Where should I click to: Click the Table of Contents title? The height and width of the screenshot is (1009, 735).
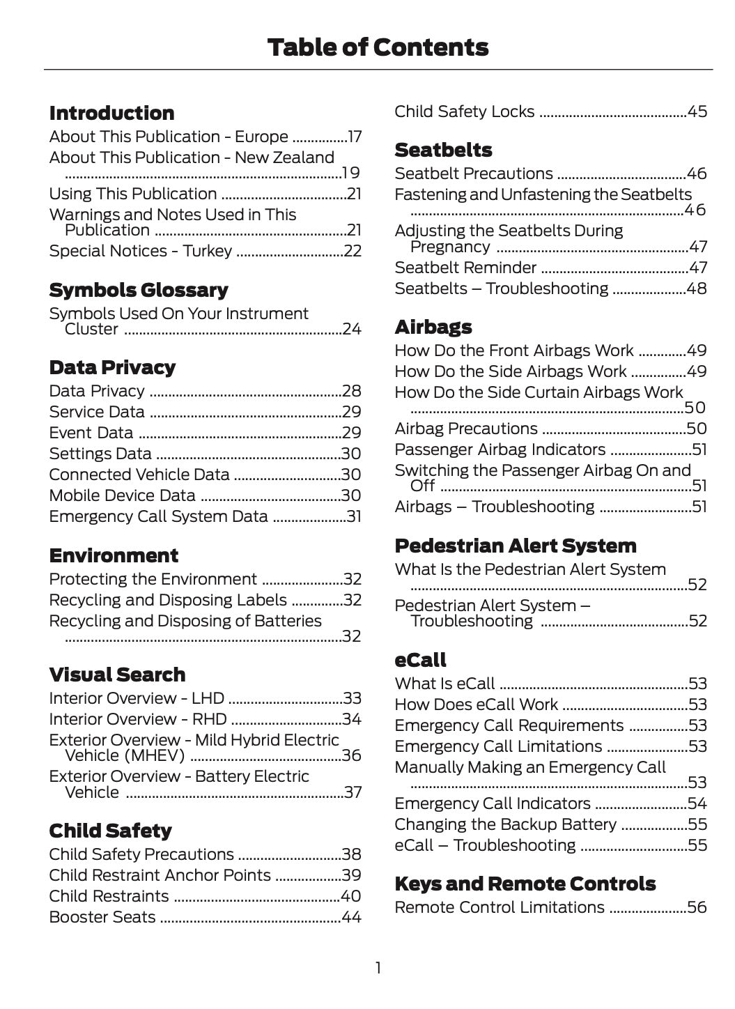378,47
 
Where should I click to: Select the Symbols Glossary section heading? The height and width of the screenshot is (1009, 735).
139,290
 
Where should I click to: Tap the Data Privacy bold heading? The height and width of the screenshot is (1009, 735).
112,367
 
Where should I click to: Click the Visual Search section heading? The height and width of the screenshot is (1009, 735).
117,675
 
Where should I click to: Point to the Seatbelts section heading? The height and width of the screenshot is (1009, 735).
443,150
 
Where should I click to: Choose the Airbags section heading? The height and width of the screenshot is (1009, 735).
433,327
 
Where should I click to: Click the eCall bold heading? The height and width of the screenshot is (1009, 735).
420,660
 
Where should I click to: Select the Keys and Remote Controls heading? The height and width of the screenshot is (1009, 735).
525,884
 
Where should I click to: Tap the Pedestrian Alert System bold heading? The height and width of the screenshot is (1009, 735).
515,546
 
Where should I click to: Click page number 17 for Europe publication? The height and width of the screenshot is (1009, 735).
355,137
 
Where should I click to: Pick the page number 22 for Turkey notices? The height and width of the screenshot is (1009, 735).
353,251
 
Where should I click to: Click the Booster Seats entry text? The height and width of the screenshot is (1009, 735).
102,917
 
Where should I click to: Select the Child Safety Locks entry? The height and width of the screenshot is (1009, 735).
465,111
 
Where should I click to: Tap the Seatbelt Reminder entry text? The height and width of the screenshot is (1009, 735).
465,268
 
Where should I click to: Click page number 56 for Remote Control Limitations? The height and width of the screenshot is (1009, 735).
697,907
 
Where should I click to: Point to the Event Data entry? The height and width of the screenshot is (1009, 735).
91,433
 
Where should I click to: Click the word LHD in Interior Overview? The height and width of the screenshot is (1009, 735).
208,698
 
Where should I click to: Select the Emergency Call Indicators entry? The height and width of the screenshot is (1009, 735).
493,803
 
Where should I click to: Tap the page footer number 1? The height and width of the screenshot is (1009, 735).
378,968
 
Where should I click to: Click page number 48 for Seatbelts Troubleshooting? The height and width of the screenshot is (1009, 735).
697,288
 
